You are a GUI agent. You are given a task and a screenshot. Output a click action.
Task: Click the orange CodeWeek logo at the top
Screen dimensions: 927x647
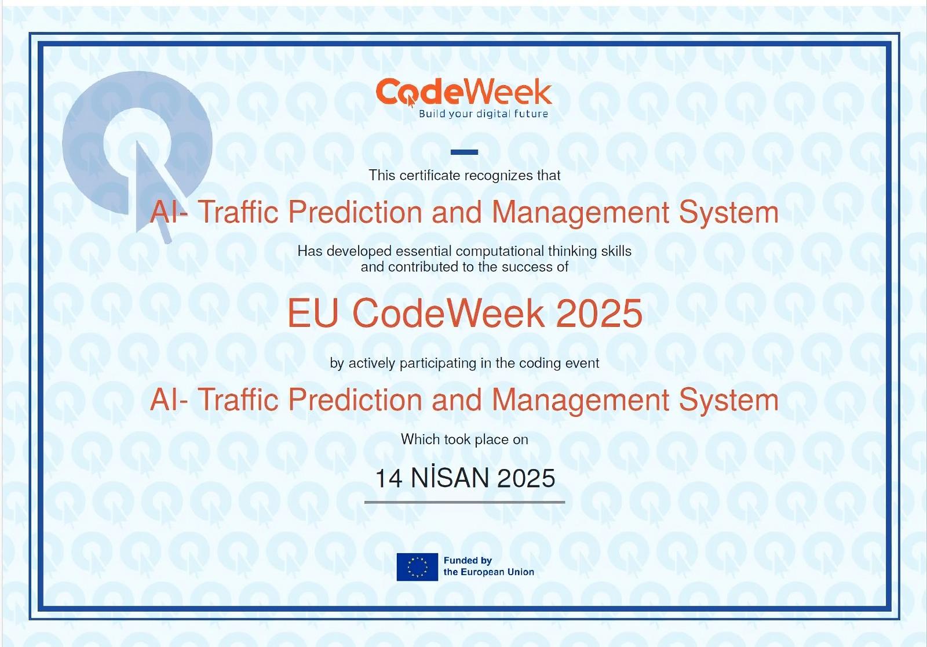pos(464,92)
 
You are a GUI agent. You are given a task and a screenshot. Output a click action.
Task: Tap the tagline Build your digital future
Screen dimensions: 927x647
pos(483,114)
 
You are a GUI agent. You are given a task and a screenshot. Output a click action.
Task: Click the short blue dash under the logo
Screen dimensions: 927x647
pos(464,152)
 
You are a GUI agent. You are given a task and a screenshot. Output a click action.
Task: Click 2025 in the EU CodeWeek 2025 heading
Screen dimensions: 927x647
pos(599,314)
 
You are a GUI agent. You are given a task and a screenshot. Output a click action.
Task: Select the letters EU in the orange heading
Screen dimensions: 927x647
pos(313,314)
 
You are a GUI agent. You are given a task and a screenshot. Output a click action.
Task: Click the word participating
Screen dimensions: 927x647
pos(438,364)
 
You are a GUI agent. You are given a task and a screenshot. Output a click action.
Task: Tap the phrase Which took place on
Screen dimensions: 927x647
pos(464,439)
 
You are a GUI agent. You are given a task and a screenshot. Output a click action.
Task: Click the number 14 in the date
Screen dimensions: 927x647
pos(389,478)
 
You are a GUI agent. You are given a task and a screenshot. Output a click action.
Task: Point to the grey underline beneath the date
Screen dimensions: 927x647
pos(464,502)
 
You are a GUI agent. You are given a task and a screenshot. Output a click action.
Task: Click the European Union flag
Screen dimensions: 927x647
pos(417,566)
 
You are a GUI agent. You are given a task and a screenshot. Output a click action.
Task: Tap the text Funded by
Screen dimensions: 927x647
pos(468,561)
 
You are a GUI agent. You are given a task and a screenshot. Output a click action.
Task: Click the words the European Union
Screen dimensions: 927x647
pos(489,572)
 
